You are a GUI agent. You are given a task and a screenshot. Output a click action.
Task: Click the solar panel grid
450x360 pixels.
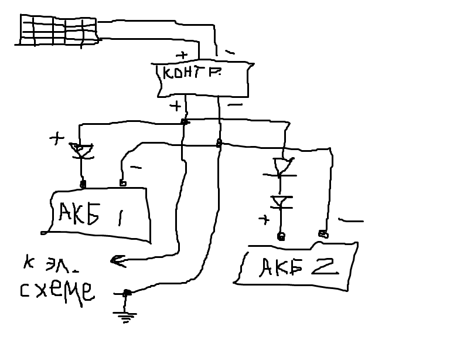pyautogui.click(x=58, y=29)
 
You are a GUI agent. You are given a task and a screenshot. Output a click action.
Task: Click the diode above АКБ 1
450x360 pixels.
pyautogui.click(x=83, y=151)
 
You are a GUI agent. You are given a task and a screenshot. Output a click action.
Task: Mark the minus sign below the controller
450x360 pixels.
pyautogui.click(x=235, y=106)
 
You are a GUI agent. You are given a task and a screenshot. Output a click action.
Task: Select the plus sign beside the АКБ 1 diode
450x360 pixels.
pyautogui.click(x=56, y=139)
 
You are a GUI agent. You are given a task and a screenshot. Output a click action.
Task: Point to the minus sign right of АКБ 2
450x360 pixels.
pyautogui.click(x=350, y=221)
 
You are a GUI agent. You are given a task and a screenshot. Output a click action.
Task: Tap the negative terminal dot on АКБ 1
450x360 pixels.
pyautogui.click(x=122, y=184)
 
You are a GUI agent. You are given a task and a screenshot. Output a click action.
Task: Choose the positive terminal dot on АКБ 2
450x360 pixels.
pyautogui.click(x=281, y=236)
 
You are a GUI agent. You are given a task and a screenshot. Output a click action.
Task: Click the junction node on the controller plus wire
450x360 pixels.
pyautogui.click(x=184, y=121)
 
